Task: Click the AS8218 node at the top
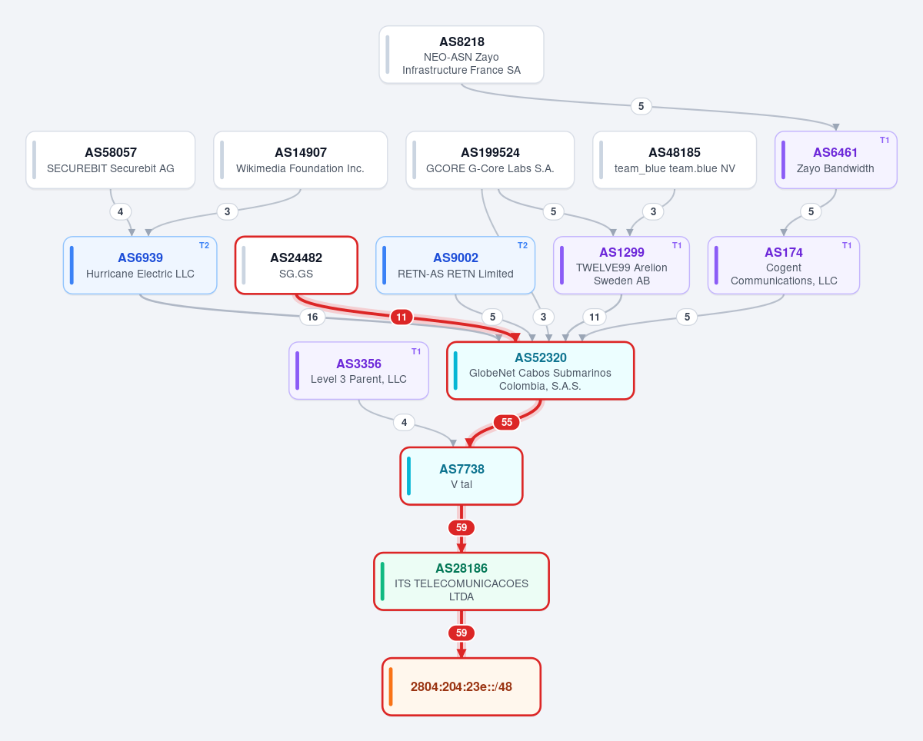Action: [461, 55]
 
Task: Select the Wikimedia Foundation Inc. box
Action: [300, 160]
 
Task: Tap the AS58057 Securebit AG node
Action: [110, 160]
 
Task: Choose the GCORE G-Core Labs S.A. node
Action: [490, 160]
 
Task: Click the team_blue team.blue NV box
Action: [675, 160]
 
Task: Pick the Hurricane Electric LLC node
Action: [140, 265]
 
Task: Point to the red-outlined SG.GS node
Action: [296, 265]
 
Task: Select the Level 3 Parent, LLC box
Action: [358, 370]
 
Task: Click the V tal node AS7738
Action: [461, 476]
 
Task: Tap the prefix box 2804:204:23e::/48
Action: [461, 686]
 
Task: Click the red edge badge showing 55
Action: [507, 422]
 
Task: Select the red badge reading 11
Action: [401, 317]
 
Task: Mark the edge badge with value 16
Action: [312, 317]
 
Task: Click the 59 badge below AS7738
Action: [461, 527]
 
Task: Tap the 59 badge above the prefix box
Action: [461, 633]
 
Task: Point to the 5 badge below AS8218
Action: [641, 106]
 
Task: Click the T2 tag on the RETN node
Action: [522, 245]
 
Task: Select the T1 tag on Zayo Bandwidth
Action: [885, 140]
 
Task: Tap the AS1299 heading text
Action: [621, 252]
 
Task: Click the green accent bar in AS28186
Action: [382, 582]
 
